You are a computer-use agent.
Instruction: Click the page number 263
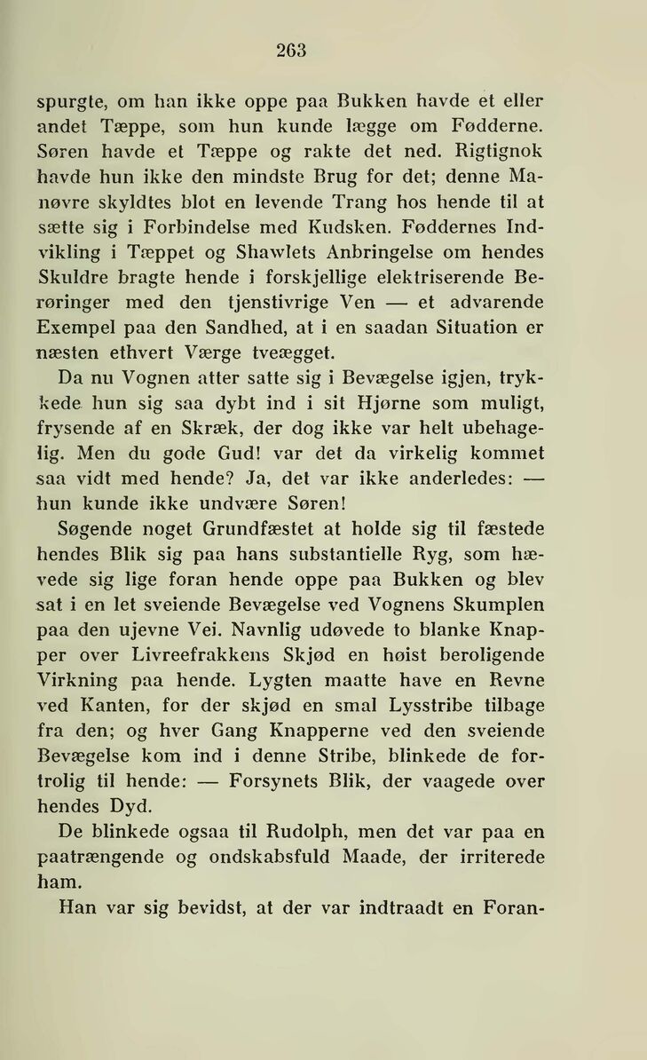(x=290, y=51)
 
